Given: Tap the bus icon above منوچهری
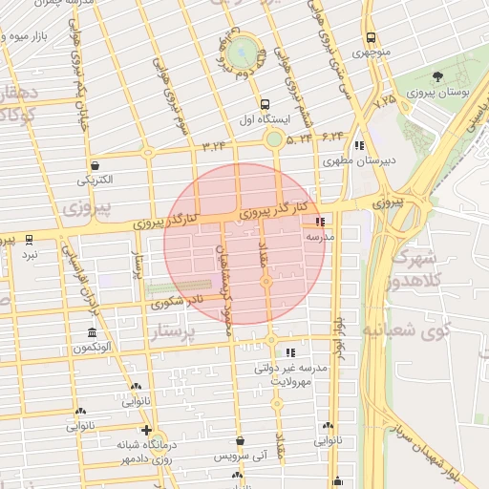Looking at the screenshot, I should pos(371,37).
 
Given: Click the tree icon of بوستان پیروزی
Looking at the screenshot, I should pos(438,76).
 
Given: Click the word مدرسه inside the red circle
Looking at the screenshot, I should pos(318,234).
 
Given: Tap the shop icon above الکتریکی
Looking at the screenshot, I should pos(95,165).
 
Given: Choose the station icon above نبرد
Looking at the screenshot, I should pos(30,239).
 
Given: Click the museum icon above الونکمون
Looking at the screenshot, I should pos(92,333).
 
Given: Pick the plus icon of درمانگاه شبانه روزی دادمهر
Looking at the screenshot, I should pos(145,431).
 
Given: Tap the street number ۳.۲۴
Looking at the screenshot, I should pos(216,145).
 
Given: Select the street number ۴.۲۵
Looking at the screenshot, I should pos(385,99).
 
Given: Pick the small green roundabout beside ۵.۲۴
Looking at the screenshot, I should pos(274,139).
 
